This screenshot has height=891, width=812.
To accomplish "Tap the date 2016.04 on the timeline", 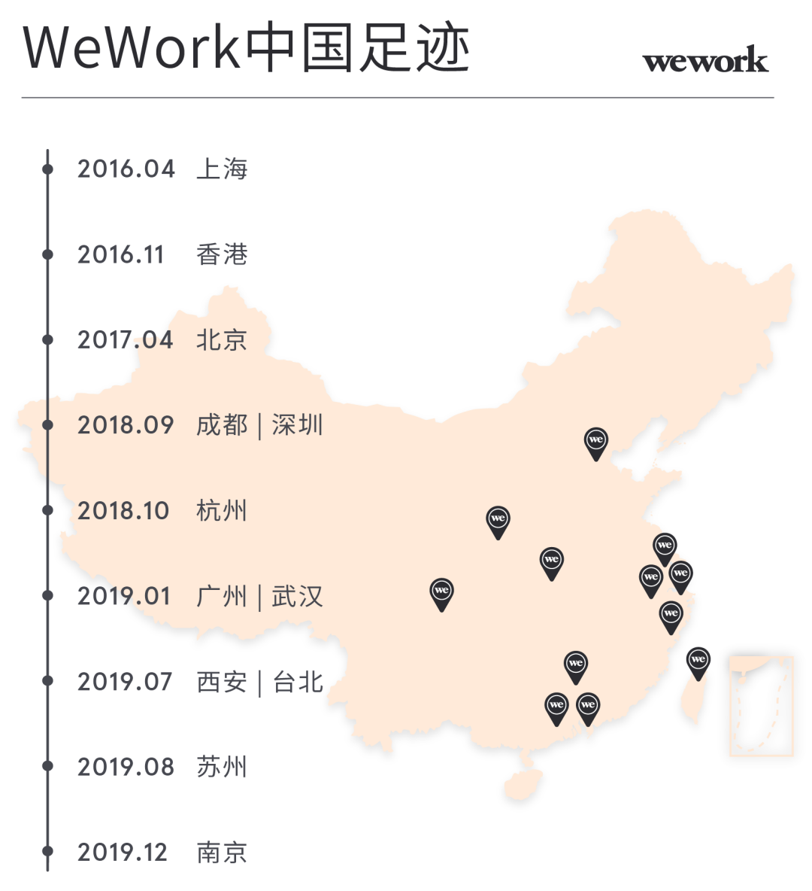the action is point(126,169).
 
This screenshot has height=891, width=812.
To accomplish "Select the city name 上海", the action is point(222,169).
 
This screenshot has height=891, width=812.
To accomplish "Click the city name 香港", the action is point(222,254).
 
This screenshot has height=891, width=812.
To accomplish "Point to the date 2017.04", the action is point(126,339).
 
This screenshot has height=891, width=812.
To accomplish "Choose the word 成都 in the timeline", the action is point(222,425).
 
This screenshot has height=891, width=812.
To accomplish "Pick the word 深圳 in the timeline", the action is point(298,425).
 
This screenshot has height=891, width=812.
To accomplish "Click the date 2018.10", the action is point(123,511).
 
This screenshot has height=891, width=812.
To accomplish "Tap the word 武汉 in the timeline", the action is point(298,597).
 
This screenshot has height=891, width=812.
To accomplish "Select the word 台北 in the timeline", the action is point(298,682).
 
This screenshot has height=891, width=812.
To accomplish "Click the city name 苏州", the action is point(222,767).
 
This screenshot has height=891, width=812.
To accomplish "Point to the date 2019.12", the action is point(122,853).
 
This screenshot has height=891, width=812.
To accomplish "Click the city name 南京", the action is point(222,853).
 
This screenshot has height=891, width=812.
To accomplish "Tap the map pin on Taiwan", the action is point(698,661).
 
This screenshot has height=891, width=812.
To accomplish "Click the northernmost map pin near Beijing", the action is point(596,441).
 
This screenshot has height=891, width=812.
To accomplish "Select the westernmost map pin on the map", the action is point(441,592).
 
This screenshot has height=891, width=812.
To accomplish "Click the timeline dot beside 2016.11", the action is point(47,254).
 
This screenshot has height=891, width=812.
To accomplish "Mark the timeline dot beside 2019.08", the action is point(47,767).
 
